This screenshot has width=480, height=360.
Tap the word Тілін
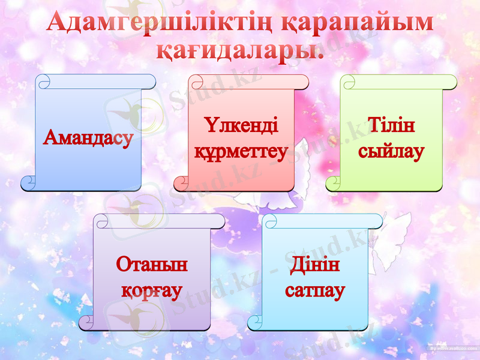coord(391,127)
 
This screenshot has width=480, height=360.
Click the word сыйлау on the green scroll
coord(391,151)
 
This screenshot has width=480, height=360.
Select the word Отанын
coord(152,265)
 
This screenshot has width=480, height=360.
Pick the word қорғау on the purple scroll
coord(152,290)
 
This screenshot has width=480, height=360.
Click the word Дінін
coord(315,265)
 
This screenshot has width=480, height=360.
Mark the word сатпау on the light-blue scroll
coord(315,291)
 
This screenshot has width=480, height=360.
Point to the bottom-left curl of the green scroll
coord(334,183)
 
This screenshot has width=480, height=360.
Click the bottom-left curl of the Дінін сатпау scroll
coord(255,322)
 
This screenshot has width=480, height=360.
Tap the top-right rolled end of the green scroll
coord(449,82)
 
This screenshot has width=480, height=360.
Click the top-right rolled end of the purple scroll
coord(217,221)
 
